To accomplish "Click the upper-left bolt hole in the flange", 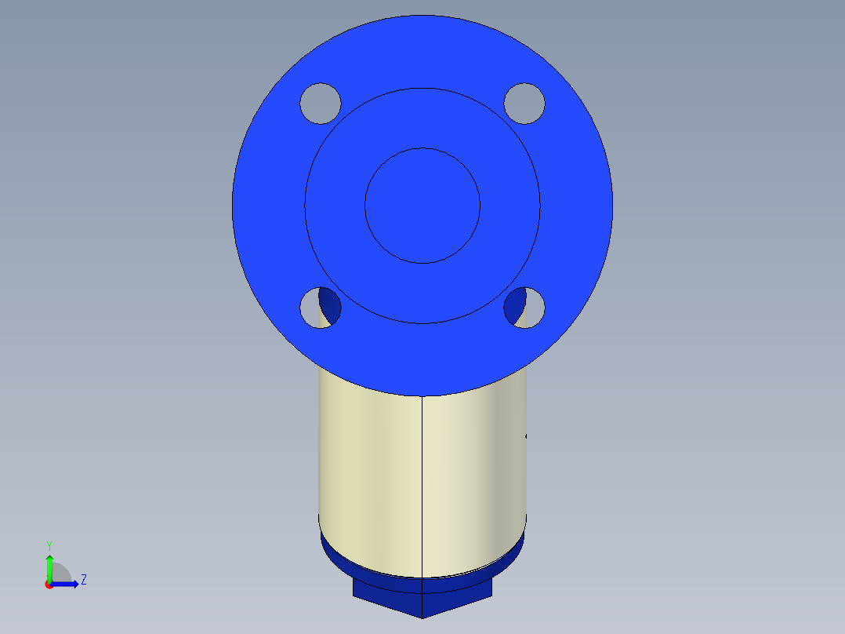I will point(321,103).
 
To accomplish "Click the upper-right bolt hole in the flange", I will point(524,103).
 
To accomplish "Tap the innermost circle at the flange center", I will point(422,206).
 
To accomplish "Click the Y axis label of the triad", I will point(49,545).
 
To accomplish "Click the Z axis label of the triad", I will point(83,581).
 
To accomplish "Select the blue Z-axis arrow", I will point(66,584).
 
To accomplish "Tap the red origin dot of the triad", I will point(49,585).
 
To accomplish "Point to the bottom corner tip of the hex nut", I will point(422,618).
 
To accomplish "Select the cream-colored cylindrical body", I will point(368,471).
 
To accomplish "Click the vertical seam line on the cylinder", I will point(423,486).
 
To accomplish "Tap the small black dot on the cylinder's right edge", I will point(526,435).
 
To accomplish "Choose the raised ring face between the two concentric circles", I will point(422,118).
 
